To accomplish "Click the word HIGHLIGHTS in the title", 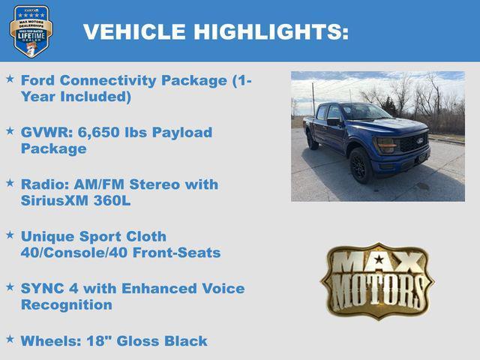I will pyautogui.click(x=271, y=31).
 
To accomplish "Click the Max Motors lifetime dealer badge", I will pyautogui.click(x=31, y=31).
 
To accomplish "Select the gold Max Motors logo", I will pyautogui.click(x=377, y=281).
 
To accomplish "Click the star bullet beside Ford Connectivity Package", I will pyautogui.click(x=10, y=78).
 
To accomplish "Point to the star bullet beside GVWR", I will pyautogui.click(x=10, y=130).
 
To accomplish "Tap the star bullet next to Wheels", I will pyautogui.click(x=10, y=339).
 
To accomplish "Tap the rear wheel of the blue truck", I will pyautogui.click(x=312, y=140).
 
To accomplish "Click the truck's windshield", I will pyautogui.click(x=364, y=112).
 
